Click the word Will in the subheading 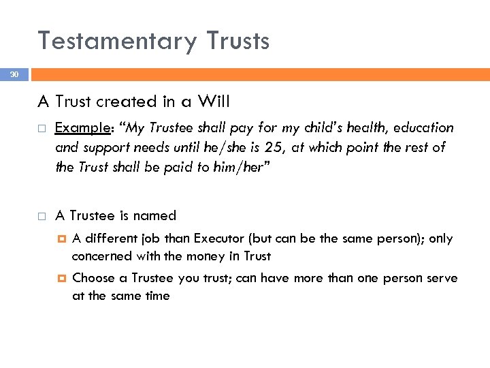coord(214,102)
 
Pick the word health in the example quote coord(331,128)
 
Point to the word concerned coord(103,256)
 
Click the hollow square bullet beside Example coord(42,129)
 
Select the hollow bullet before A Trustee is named coord(42,217)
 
